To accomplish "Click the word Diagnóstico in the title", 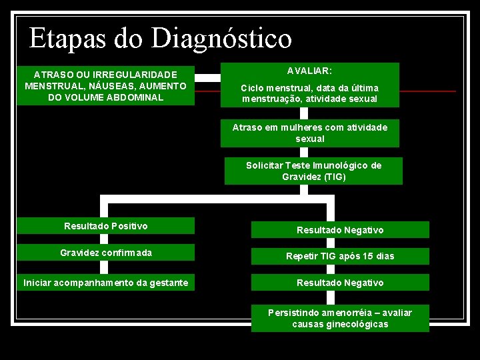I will [x=221, y=39].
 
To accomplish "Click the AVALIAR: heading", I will [x=309, y=70].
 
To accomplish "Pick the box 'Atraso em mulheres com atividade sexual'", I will [x=309, y=133].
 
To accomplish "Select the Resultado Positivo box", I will [x=106, y=226].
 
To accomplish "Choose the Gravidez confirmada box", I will [x=106, y=253].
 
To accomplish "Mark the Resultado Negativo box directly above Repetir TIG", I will [x=340, y=230].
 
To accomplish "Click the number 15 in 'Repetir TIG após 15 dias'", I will [x=368, y=256].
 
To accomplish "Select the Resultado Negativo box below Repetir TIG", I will [x=340, y=283].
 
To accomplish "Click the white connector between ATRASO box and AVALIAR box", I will [x=207, y=77].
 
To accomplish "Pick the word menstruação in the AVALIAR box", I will [x=271, y=99].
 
